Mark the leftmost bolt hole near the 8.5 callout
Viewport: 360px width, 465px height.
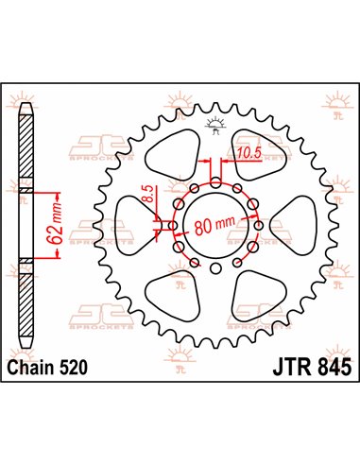point(173,225)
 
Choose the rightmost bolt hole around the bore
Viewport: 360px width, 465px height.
point(260,225)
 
